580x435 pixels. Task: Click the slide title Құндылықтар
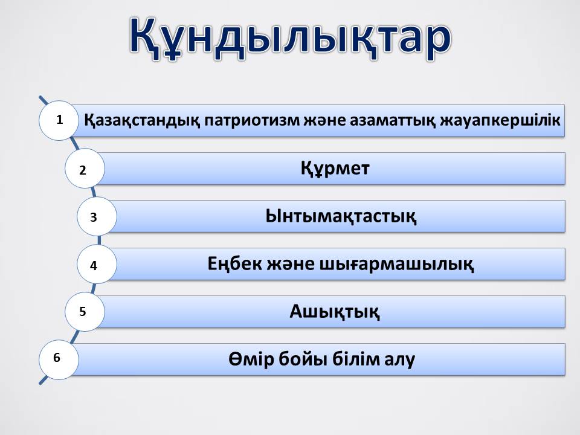(x=291, y=38)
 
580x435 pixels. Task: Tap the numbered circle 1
(x=59, y=120)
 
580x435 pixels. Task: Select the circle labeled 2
(x=85, y=169)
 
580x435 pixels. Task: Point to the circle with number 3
(x=97, y=216)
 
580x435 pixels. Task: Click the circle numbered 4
(x=97, y=264)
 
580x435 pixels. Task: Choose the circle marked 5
(x=85, y=312)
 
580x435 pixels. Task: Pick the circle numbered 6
(x=59, y=359)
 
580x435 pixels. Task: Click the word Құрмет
(x=335, y=169)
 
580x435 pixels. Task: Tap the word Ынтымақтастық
(x=341, y=216)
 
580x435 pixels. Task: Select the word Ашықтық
(x=334, y=312)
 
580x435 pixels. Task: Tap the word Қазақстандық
(x=142, y=121)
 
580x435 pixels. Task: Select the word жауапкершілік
(x=500, y=121)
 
